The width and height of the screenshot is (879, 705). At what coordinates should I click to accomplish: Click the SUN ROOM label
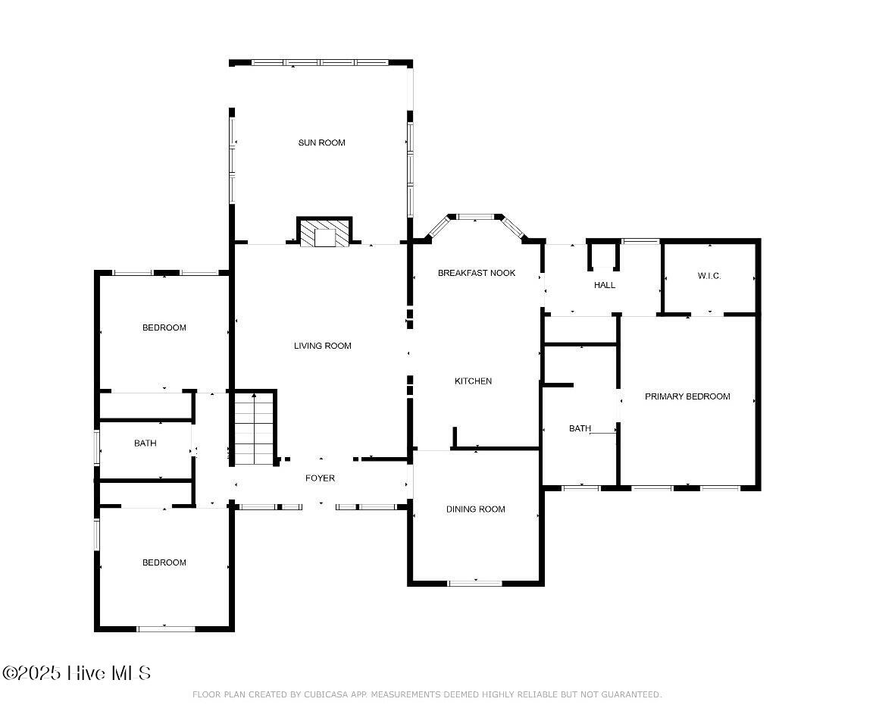322,143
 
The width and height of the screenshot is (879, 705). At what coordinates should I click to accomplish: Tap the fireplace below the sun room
324,232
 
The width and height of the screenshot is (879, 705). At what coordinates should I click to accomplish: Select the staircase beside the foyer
254,429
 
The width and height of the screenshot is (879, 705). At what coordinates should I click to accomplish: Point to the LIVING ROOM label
323,346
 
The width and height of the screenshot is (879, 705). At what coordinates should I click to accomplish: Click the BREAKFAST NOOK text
477,273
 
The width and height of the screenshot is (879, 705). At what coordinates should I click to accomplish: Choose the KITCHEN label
473,381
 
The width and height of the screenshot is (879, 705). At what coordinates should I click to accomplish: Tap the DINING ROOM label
475,509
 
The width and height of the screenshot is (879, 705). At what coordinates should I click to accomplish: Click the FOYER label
320,478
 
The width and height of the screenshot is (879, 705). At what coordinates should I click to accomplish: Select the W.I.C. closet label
709,275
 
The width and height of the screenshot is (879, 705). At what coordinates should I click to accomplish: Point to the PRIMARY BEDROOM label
687,396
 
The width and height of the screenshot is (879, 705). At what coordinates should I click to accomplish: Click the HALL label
605,285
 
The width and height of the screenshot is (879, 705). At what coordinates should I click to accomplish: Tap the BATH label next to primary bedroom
580,428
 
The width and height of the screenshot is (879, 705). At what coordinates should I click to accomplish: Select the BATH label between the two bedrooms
145,443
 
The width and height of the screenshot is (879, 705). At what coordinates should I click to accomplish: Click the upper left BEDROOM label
164,327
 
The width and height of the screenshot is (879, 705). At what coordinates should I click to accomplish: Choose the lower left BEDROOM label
164,562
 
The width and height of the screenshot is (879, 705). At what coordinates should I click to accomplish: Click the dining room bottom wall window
475,583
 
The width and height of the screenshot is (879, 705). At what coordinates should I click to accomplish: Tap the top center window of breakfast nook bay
475,217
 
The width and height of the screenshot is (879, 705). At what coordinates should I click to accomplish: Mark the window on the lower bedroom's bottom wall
166,628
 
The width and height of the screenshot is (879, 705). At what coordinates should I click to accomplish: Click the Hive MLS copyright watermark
77,673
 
